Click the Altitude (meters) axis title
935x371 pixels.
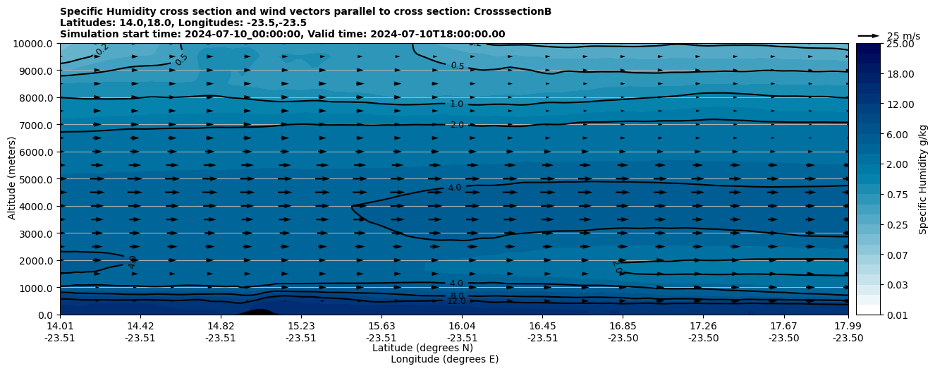tap(12, 179)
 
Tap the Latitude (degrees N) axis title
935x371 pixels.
tap(422, 348)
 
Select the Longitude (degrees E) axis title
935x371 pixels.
tap(444, 359)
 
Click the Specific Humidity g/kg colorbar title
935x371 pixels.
tap(923, 179)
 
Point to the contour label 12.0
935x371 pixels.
tap(456, 301)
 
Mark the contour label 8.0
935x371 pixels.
tap(457, 296)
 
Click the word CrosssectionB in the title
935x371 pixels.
tap(515, 11)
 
